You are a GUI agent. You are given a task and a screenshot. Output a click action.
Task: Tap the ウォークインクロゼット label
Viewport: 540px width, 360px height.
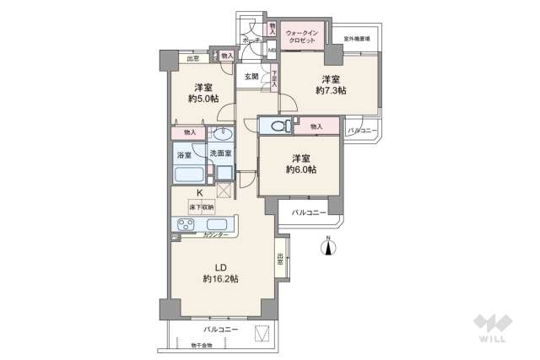[x=300, y=37]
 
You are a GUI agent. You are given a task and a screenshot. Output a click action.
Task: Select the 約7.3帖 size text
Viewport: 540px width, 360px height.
[x=331, y=90]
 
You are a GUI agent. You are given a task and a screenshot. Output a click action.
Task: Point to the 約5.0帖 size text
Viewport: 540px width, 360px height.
[x=203, y=98]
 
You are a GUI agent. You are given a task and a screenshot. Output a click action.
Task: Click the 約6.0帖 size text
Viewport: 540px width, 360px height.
[x=301, y=169]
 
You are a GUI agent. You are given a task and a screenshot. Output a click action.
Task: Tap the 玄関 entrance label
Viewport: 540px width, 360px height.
[x=251, y=76]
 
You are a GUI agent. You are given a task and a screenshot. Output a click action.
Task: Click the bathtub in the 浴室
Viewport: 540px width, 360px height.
[x=189, y=175]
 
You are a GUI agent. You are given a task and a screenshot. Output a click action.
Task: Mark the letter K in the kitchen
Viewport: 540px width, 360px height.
[x=200, y=192]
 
